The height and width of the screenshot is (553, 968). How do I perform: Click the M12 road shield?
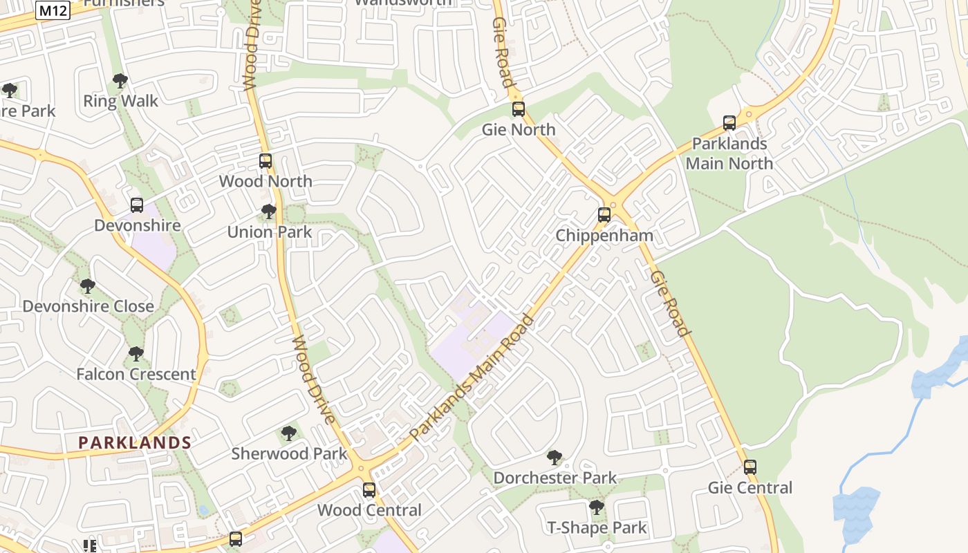coord(53,11)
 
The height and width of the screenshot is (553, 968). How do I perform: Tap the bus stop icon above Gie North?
coord(519,109)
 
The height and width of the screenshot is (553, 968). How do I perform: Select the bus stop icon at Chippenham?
coord(604,215)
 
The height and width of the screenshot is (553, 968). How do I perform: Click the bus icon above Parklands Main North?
coord(729,124)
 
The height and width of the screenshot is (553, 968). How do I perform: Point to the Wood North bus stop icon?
coord(266,161)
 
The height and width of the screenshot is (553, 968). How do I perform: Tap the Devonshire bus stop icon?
coord(137,205)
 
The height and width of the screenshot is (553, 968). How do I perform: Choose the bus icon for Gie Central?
coord(750,467)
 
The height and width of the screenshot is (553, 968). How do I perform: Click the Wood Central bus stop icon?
coord(369,490)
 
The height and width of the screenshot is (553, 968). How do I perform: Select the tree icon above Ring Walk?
coord(120,81)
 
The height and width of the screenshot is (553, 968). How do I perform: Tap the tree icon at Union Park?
coord(269,212)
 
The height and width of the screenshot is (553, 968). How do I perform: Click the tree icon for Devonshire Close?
coord(87,285)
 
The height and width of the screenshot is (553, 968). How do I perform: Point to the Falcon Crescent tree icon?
coord(136,354)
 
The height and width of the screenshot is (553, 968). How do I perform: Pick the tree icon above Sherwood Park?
coord(289,433)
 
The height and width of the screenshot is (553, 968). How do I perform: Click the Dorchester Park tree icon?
coord(554,457)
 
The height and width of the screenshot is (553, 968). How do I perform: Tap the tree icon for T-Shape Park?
coord(597,507)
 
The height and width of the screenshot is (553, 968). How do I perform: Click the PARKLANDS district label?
coord(135,442)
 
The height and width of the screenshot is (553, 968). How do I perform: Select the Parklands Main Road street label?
coord(472,377)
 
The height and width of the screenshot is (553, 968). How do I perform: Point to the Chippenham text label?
coord(604,236)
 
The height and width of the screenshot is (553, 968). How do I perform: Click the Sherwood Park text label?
coord(289,454)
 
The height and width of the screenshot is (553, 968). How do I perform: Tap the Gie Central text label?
coord(750,488)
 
